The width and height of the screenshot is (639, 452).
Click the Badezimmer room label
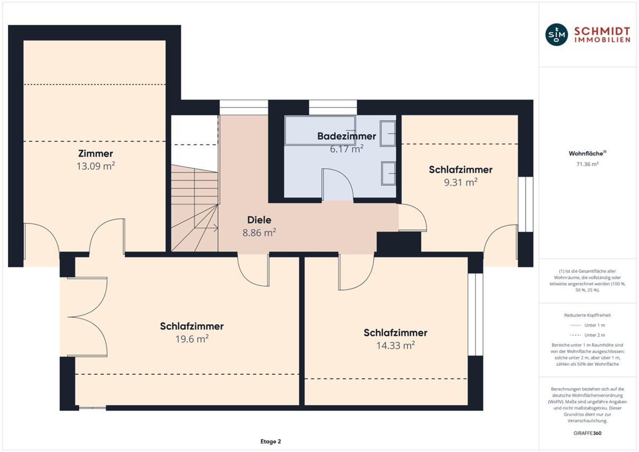tap(347, 136)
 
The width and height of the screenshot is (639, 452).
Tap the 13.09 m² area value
tap(95, 166)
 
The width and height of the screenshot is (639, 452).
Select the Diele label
tap(259, 220)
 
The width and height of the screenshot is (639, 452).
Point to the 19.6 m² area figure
tap(192, 339)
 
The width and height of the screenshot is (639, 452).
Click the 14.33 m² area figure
tap(395, 346)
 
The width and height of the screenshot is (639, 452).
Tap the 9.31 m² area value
tap(461, 182)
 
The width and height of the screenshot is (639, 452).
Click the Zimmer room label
tap(95, 153)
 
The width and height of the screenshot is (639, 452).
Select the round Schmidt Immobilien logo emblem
tap(556, 35)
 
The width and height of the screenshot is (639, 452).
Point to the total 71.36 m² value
tap(587, 165)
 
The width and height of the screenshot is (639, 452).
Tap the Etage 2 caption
tap(271, 441)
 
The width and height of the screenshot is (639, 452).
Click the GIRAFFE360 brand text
tap(587, 433)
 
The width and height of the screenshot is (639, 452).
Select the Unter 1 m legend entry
tap(587, 325)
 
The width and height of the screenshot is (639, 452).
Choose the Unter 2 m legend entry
tap(587, 335)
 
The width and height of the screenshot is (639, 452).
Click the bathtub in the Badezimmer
tap(320, 130)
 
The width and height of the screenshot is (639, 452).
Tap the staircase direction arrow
tap(206, 228)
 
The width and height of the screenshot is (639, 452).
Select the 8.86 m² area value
tap(259, 233)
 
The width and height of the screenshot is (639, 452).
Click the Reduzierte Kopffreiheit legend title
tap(587, 315)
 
